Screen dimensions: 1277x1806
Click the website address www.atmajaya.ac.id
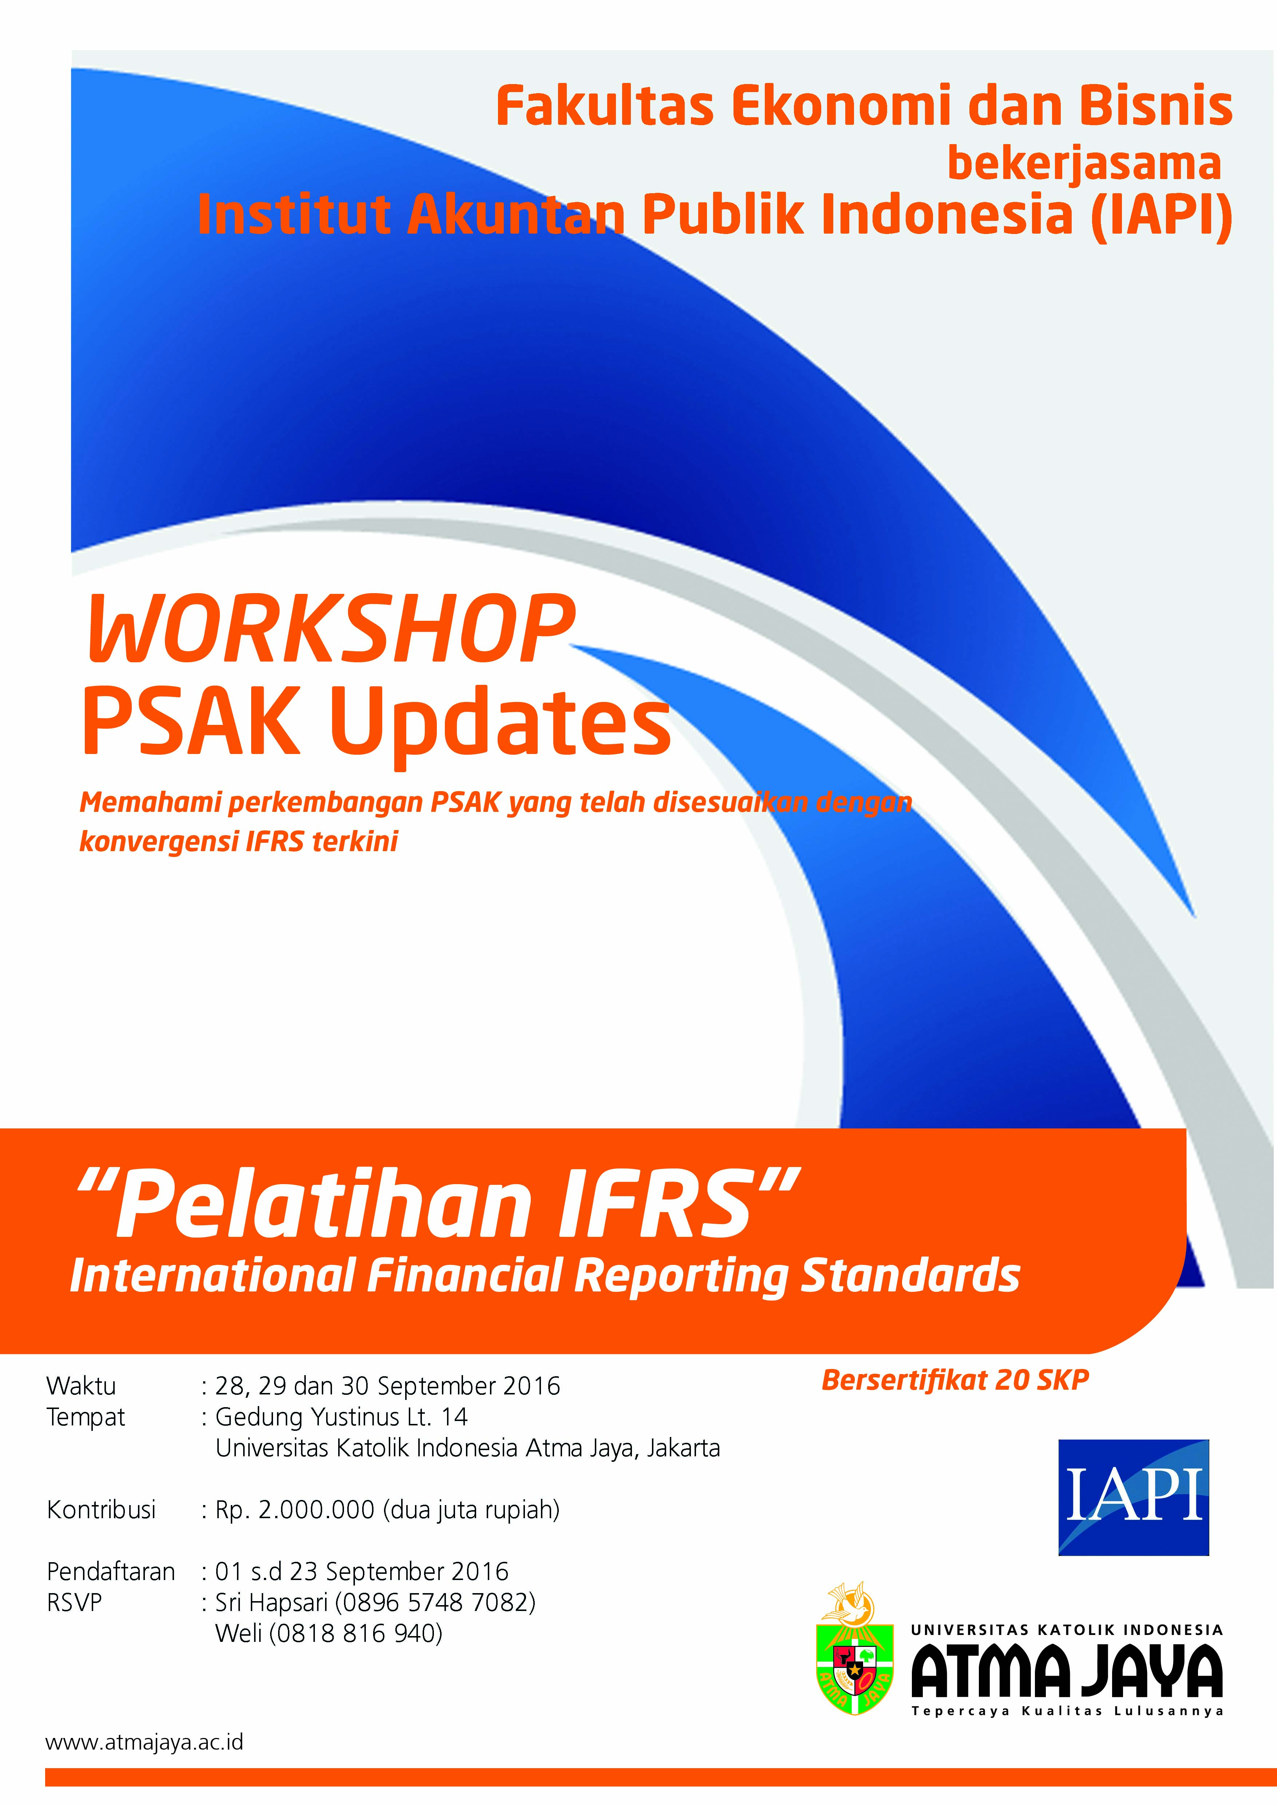click(x=145, y=1742)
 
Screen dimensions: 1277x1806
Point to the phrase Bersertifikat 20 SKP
click(x=955, y=1380)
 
